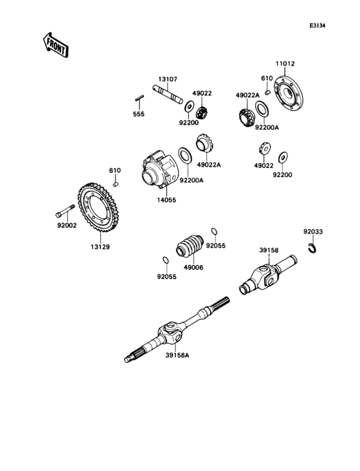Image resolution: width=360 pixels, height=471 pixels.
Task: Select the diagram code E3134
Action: [317, 26]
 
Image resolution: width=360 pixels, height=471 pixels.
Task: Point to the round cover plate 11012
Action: [289, 95]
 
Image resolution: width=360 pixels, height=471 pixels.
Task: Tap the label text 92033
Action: [314, 230]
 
